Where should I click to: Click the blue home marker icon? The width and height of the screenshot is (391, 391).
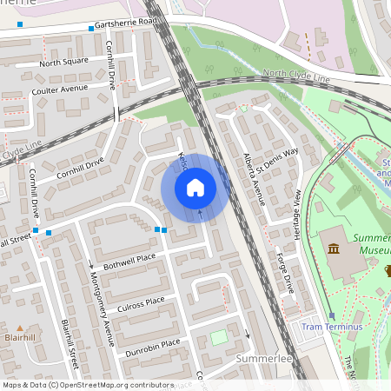point(195,187)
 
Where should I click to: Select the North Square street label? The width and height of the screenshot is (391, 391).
point(63,63)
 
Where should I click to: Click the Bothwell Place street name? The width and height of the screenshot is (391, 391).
point(129,258)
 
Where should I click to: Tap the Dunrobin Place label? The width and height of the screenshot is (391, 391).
point(151,342)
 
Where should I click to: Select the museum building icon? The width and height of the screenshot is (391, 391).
point(334,250)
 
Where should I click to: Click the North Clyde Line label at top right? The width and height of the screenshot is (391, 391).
point(296,76)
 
